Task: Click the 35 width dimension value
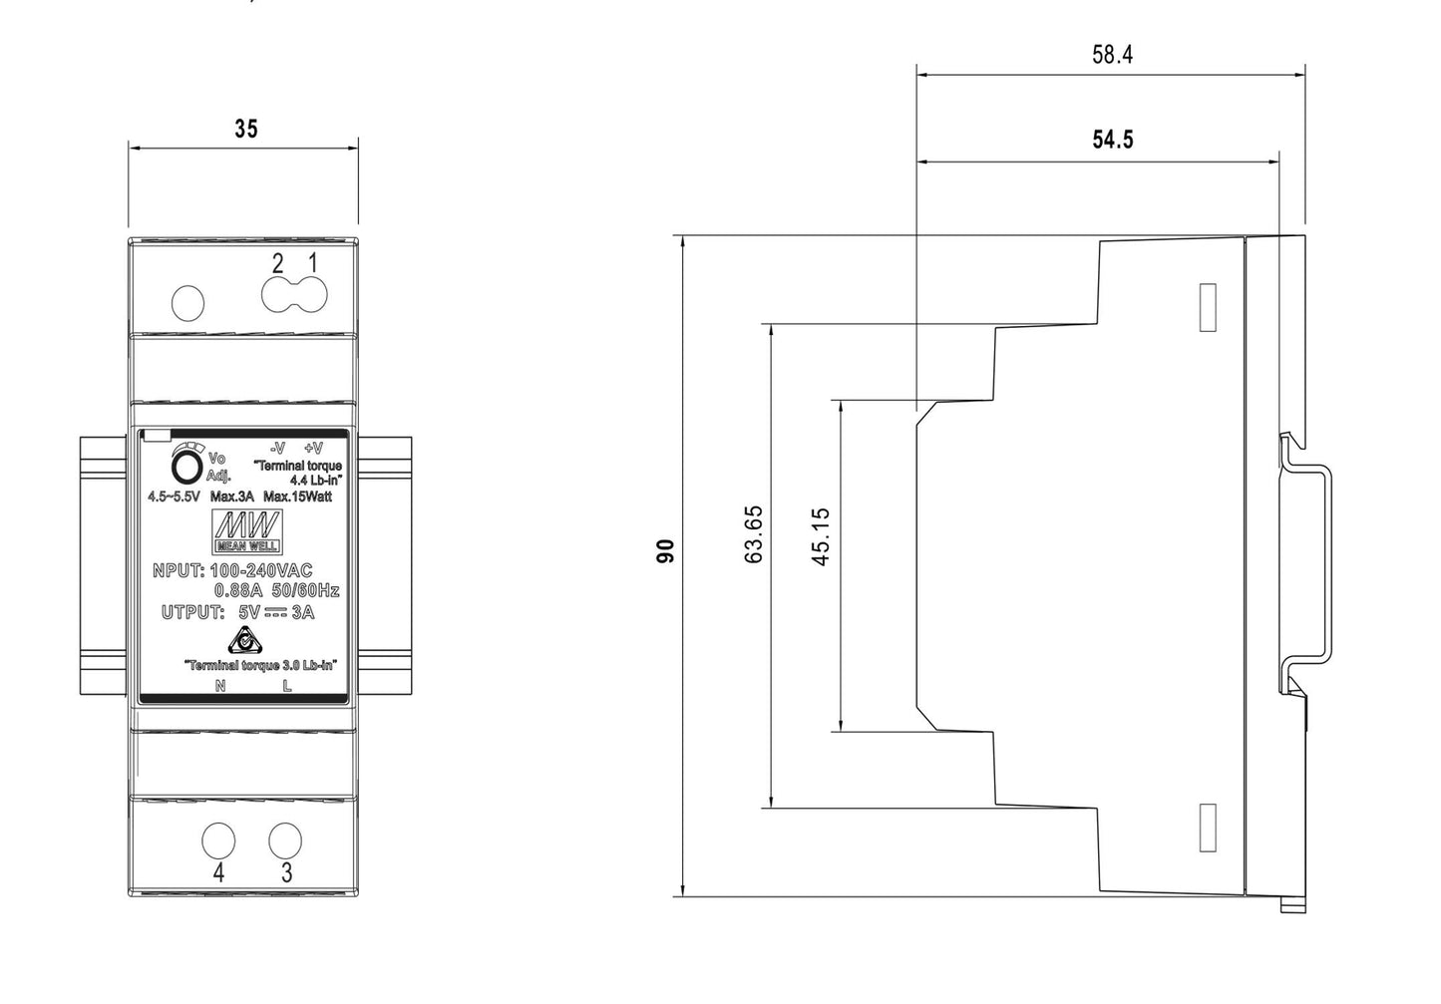pyautogui.click(x=245, y=129)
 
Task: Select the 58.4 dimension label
pyautogui.click(x=1112, y=55)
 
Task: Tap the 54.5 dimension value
pyautogui.click(x=1112, y=140)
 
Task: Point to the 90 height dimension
pyautogui.click(x=665, y=550)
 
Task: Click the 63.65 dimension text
pyautogui.click(x=754, y=534)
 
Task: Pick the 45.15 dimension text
pyautogui.click(x=822, y=536)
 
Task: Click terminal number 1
pyautogui.click(x=312, y=263)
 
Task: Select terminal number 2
pyautogui.click(x=278, y=263)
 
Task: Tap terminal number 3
pyautogui.click(x=287, y=873)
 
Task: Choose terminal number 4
pyautogui.click(x=218, y=873)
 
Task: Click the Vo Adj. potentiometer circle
pyautogui.click(x=186, y=469)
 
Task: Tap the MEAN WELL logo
pyautogui.click(x=247, y=530)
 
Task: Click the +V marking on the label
pyautogui.click(x=313, y=448)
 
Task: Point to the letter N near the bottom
pyautogui.click(x=220, y=685)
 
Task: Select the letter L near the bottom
pyautogui.click(x=287, y=685)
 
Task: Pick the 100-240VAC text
pyautogui.click(x=261, y=571)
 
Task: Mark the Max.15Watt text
pyautogui.click(x=298, y=497)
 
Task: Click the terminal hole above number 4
pyautogui.click(x=217, y=840)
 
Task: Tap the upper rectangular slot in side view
pyautogui.click(x=1208, y=306)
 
